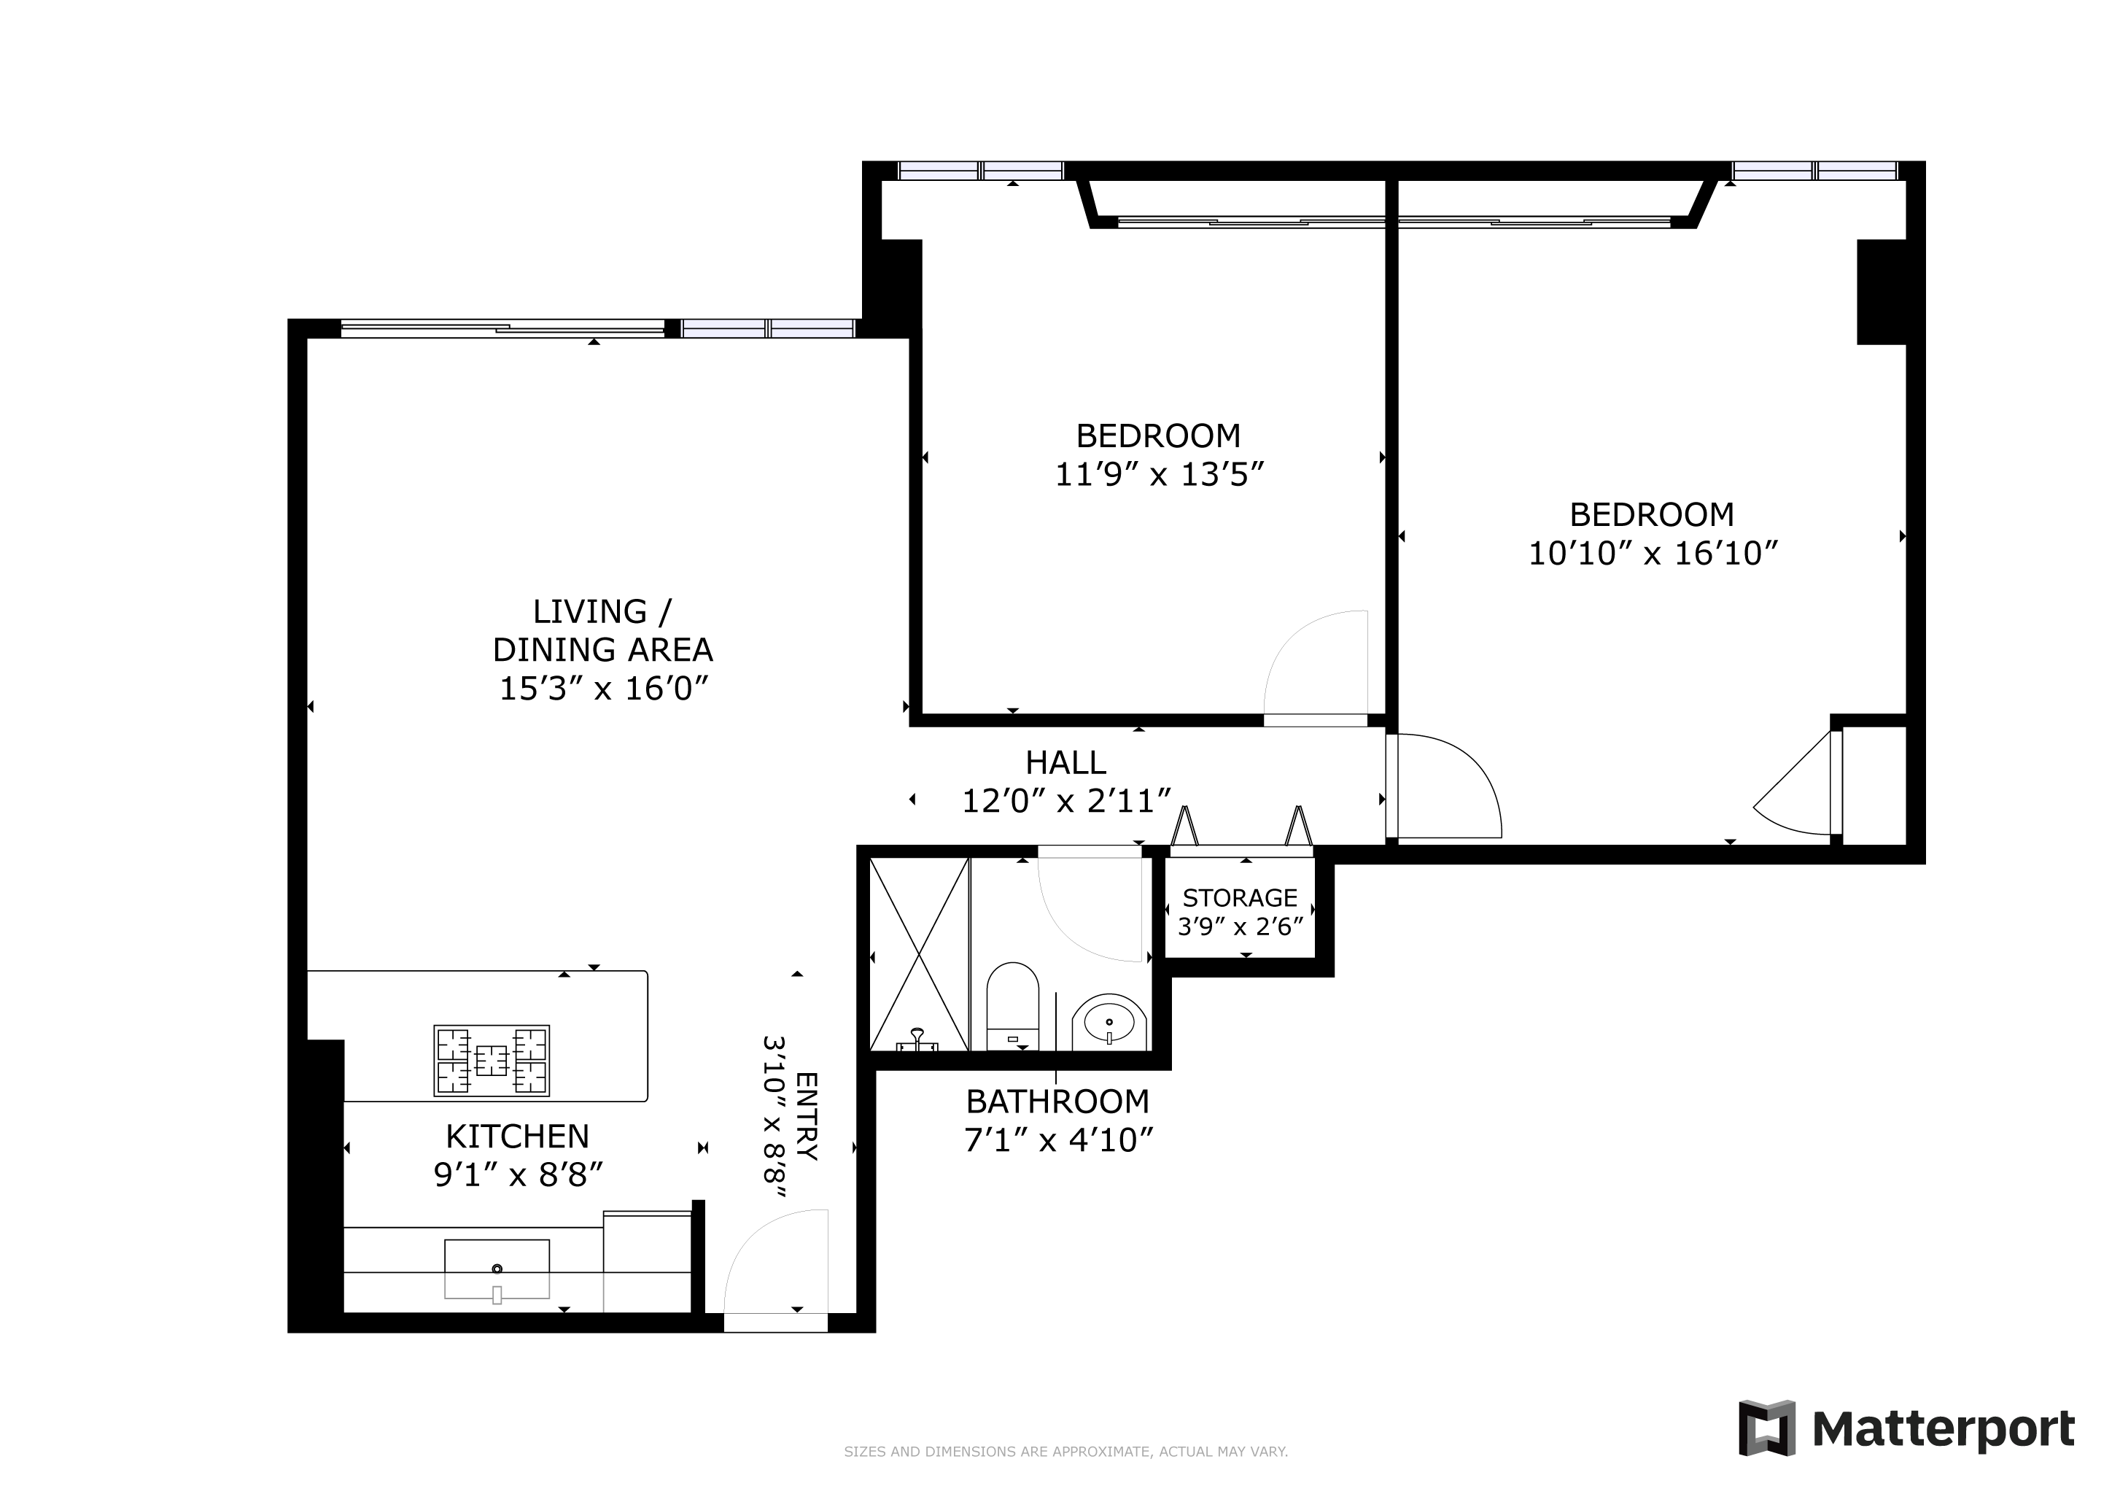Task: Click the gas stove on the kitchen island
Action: click(492, 1061)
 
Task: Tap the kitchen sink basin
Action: click(497, 1269)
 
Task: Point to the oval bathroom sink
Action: click(1109, 1022)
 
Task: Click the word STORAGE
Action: click(1240, 898)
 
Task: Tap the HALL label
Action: click(1065, 762)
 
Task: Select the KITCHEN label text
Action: click(517, 1137)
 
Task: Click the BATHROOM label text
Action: click(1058, 1102)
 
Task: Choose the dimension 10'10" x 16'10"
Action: click(1653, 553)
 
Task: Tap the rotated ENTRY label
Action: click(806, 1116)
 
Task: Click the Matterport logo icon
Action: click(1766, 1428)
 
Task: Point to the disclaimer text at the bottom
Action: click(1066, 1452)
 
